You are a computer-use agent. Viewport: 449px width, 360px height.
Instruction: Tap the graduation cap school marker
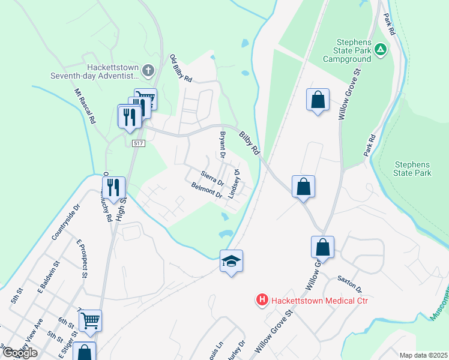click(x=231, y=261)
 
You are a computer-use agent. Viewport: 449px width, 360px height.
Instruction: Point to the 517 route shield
click(x=139, y=143)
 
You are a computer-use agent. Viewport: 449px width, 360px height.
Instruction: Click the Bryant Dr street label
click(x=222, y=146)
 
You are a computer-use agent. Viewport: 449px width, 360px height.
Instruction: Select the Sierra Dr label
click(x=212, y=178)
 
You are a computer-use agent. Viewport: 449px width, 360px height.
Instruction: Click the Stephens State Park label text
click(x=413, y=169)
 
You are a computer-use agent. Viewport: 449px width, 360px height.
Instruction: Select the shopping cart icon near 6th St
click(x=90, y=320)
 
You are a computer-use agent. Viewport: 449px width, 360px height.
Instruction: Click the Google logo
click(x=20, y=353)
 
